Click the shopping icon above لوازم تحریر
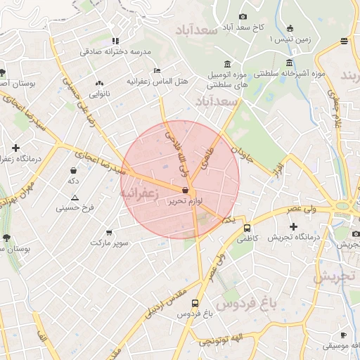(x=185, y=190)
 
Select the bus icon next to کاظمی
(x=247, y=228)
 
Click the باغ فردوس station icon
(x=195, y=303)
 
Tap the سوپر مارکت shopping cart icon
(x=109, y=232)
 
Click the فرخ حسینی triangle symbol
(x=75, y=198)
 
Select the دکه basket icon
(x=74, y=170)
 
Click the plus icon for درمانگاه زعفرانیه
(x=15, y=148)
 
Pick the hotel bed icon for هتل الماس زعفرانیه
(x=157, y=70)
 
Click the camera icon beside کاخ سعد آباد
(x=243, y=16)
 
